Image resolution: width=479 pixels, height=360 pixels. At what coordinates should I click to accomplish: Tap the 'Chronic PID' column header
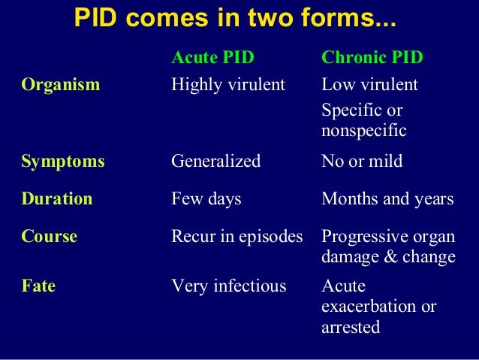click(372, 58)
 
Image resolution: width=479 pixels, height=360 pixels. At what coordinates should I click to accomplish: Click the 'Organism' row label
click(60, 84)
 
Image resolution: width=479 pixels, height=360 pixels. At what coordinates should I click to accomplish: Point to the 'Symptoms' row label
click(63, 161)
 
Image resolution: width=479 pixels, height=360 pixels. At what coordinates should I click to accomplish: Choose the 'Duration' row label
click(57, 198)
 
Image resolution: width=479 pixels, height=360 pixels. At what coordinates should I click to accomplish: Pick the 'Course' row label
click(50, 236)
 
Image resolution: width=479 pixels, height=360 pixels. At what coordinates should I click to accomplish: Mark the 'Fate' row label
click(39, 286)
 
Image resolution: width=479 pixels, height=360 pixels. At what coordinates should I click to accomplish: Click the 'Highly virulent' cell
click(228, 84)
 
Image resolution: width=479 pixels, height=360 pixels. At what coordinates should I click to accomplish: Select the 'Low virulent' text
click(369, 84)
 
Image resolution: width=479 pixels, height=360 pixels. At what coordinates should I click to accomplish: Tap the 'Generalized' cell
click(216, 161)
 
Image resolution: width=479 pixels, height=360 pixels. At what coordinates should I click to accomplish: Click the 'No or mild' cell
click(362, 161)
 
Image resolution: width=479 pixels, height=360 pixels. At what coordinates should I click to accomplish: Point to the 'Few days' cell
click(206, 198)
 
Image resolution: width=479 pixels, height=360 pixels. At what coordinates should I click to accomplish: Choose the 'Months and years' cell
click(387, 198)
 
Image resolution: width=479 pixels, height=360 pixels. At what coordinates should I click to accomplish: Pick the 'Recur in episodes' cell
click(237, 236)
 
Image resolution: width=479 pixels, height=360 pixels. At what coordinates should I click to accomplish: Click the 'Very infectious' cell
click(229, 286)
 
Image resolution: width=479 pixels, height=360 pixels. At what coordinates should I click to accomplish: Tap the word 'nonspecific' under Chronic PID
click(363, 131)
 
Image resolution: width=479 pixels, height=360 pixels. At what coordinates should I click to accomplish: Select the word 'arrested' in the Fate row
click(351, 328)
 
